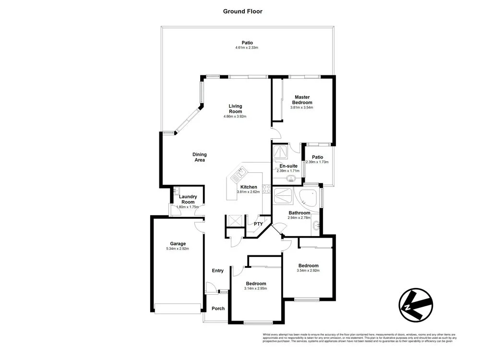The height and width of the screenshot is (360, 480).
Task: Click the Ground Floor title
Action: (242, 11)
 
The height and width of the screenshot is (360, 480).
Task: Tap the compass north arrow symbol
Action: (416, 305)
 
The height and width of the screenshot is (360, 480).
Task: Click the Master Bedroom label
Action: (303, 99)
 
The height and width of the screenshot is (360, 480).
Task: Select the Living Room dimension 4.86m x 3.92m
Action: (235, 117)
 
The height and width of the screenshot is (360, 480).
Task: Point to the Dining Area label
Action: (200, 157)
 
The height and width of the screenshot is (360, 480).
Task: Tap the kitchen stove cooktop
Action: (266, 188)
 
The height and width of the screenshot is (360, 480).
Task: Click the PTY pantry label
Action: (258, 224)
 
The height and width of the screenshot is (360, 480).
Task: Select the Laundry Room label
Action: (188, 199)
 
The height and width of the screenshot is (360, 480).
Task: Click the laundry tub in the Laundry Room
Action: (177, 191)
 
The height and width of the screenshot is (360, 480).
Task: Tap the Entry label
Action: (218, 271)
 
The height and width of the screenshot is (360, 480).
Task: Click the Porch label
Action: (218, 308)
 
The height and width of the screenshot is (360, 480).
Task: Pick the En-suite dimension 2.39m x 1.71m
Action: (288, 170)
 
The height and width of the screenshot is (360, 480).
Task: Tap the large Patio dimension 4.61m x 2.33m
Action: (247, 48)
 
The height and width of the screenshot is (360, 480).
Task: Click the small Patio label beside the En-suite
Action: (317, 157)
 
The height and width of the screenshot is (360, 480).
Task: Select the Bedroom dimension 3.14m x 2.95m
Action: (255, 288)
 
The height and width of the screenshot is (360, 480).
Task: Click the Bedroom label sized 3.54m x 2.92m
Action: (308, 265)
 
